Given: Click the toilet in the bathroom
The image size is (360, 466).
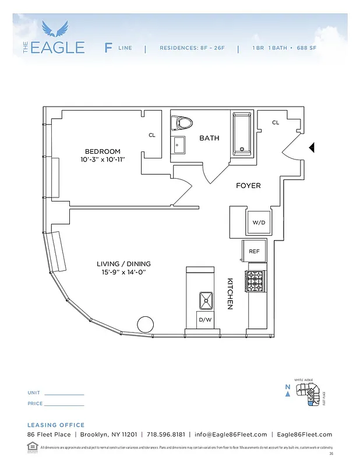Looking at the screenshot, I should coord(182,123).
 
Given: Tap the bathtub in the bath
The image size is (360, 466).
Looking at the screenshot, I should coord(243,134).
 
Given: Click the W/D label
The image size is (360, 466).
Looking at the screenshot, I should coord(258,223).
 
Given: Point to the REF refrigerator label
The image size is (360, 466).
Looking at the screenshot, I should coord(254,251).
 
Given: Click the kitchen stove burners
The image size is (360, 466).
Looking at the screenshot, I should coord(256,281).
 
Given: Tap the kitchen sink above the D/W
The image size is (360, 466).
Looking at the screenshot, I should coord(206,301).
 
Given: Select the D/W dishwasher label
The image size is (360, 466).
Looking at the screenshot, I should coord(205,320).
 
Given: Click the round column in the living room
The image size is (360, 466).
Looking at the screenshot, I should coord(145,324).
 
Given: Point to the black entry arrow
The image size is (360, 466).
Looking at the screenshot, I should coord(312,148).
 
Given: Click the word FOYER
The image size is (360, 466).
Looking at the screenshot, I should coord(248,186).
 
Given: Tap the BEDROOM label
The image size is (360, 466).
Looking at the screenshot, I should coord(103,151).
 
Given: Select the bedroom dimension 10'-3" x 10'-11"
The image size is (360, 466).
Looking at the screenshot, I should coord(103,159).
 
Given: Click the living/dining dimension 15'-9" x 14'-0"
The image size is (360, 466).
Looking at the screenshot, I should coord(121,272).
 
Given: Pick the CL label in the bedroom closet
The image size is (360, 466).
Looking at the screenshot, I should coord(152,135).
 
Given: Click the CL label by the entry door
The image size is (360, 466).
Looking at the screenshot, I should coord(276,122).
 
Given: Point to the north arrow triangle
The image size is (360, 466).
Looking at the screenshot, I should coord(288,394).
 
